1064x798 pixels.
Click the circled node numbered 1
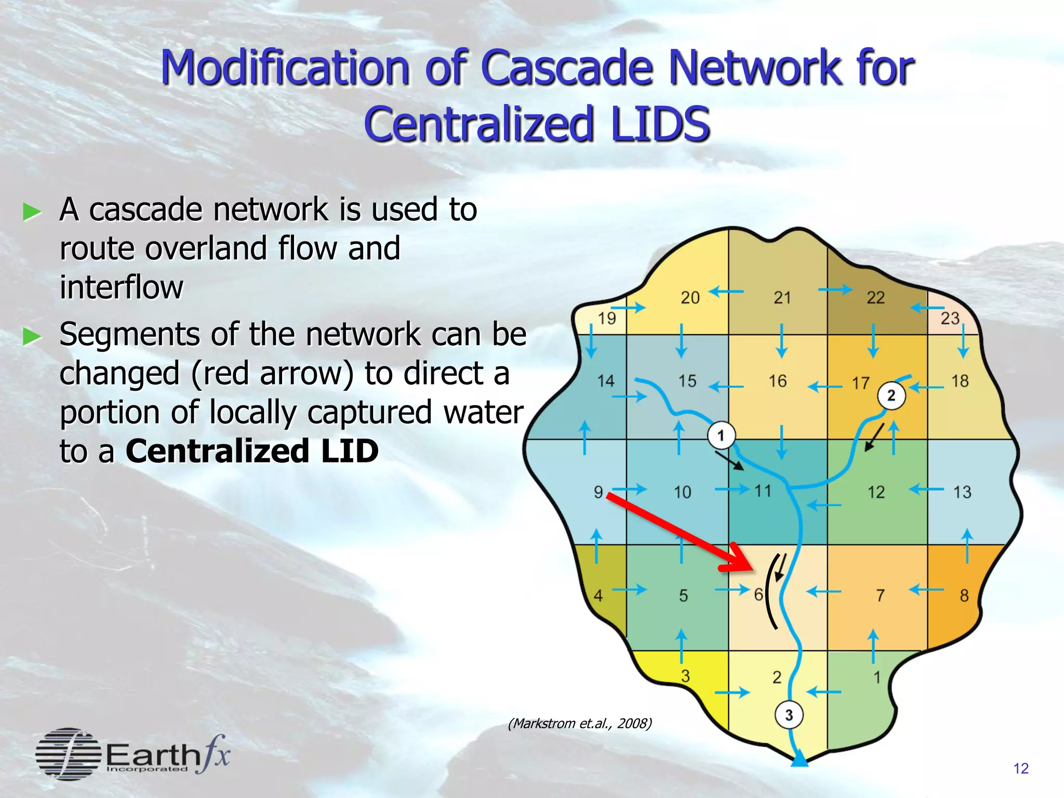tap(721, 435)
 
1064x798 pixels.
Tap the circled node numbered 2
tap(892, 396)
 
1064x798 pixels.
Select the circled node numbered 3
tap(789, 715)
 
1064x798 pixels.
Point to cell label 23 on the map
tap(950, 318)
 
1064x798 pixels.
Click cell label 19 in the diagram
tap(607, 318)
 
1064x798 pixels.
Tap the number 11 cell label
tap(763, 490)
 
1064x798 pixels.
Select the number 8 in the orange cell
tap(964, 595)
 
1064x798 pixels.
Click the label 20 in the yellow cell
tap(690, 298)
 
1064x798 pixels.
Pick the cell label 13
tap(962, 491)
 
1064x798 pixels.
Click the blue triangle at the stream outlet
tap(800, 760)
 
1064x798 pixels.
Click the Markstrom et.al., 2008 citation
tap(579, 723)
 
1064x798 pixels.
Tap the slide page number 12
tap(1021, 768)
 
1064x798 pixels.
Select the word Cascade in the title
tap(567, 68)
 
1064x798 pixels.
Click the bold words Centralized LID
tap(252, 450)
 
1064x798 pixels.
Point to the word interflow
tap(121, 287)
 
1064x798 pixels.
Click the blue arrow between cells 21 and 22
tap(835, 289)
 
